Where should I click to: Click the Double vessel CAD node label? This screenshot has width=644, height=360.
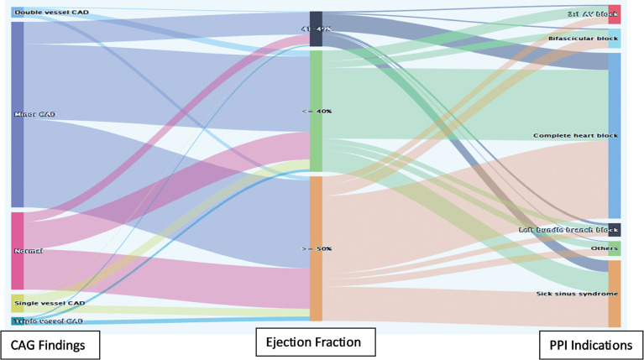(x=51, y=13)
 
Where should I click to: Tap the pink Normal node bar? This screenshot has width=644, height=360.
(x=18, y=251)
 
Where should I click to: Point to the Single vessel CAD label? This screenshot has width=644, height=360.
(x=50, y=303)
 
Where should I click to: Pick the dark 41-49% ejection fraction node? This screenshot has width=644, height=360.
(x=316, y=29)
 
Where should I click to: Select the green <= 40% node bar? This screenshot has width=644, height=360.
(x=316, y=111)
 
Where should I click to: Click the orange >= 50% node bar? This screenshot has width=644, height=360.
(x=316, y=248)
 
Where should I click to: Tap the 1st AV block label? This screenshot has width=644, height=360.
(x=586, y=14)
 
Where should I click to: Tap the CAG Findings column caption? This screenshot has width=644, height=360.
(x=50, y=343)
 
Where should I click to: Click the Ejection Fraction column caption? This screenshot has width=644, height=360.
(x=316, y=342)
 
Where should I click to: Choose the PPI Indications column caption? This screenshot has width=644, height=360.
(x=590, y=344)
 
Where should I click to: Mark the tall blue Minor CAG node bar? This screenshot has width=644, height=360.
(x=18, y=115)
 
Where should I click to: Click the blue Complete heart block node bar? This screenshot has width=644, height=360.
(x=615, y=135)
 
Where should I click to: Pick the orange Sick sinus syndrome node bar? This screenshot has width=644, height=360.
(x=615, y=294)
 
